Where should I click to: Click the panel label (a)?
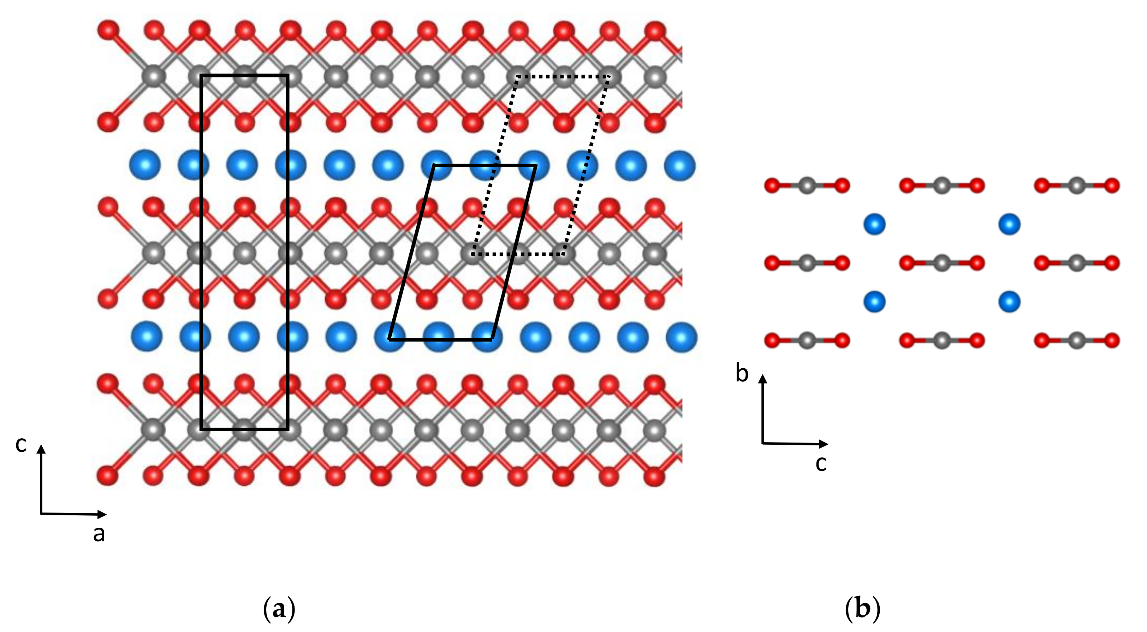coord(279,609)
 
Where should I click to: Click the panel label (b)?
coord(862,609)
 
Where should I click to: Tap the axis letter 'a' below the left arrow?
coord(99,533)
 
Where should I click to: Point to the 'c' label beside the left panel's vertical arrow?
coord(21,444)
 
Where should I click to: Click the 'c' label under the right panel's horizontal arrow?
coord(821,463)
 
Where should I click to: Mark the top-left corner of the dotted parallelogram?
coord(517,77)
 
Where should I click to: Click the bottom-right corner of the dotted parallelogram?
coord(564,254)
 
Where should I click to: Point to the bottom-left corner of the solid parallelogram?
coord(389,340)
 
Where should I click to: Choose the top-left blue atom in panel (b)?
coord(874,224)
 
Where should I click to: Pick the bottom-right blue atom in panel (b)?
coord(1009,302)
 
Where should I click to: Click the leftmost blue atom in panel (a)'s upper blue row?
coord(144,165)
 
